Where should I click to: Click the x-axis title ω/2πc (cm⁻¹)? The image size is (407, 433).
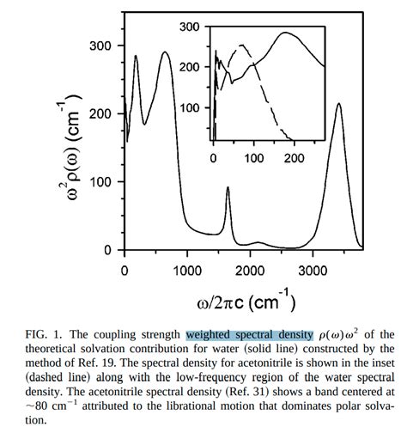(x=236, y=302)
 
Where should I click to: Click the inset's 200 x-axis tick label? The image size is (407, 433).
(x=294, y=159)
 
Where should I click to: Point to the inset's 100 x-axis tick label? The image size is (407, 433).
(x=254, y=159)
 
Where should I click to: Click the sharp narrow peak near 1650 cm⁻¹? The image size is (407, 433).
(x=228, y=188)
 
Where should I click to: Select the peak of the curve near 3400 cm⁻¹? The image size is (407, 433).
(x=338, y=105)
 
